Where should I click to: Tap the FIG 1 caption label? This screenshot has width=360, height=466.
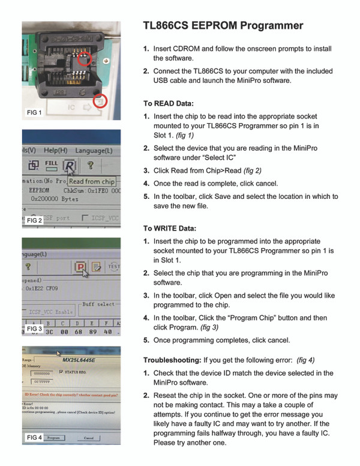tap(35, 112)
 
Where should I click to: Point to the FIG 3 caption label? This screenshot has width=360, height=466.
tap(34, 329)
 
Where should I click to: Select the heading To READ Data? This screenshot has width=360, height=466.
tap(167, 103)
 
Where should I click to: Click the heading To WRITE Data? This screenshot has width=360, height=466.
tap(169, 228)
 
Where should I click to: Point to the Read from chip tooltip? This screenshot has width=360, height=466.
tap(91, 181)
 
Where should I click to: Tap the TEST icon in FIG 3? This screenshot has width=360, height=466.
tap(114, 266)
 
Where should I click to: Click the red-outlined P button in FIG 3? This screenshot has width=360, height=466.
tap(79, 266)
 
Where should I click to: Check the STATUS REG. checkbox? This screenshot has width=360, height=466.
tap(61, 372)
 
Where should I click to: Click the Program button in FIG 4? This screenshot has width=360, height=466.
tap(53, 438)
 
